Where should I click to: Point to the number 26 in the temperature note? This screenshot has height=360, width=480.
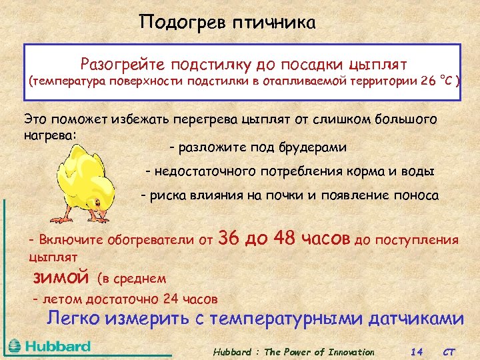coord(428,81)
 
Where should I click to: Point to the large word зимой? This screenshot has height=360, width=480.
coord(61,276)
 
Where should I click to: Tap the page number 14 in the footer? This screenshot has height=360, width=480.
coord(417,351)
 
